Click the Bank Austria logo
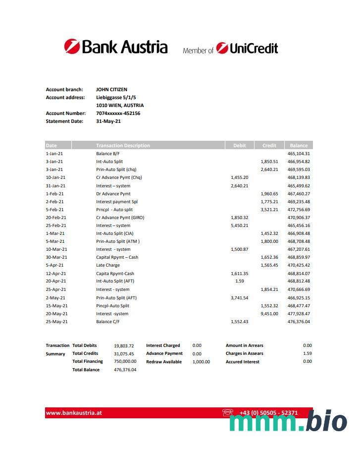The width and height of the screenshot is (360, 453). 115,47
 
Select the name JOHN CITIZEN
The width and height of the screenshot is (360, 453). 111,90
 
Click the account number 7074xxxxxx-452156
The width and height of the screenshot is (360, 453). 118,113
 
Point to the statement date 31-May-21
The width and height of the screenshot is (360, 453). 108,121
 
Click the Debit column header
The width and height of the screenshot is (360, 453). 239,146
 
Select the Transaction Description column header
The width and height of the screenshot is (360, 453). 123,146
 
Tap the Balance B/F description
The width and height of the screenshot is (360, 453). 107,154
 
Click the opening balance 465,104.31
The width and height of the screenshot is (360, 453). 299,154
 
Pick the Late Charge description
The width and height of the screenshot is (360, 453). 108,265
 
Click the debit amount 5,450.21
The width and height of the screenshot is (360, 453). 240,226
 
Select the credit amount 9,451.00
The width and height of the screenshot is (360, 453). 269,313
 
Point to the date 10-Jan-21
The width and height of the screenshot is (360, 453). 55,177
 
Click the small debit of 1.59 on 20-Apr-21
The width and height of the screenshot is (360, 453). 240,281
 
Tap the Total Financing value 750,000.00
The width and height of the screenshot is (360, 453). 125,362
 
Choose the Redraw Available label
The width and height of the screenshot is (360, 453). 163,362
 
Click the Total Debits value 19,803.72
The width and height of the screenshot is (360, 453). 124,345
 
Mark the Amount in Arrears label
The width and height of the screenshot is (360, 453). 245,345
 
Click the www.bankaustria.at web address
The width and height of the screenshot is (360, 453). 74,413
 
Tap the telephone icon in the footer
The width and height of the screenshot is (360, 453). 228,412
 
